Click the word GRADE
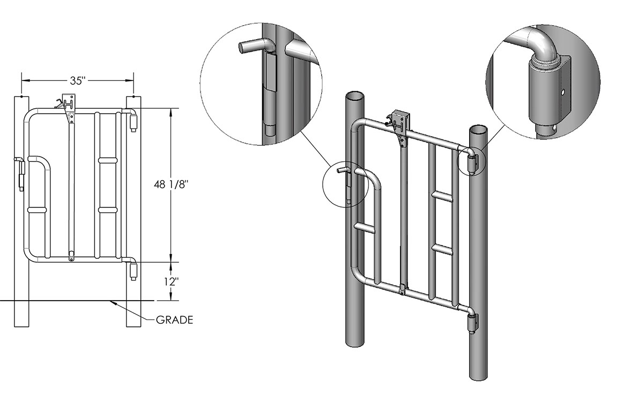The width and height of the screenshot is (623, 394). (174, 321)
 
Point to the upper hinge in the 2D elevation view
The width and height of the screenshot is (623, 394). (133, 121)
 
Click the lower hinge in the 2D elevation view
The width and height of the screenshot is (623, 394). (133, 271)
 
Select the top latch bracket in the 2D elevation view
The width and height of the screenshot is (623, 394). (68, 103)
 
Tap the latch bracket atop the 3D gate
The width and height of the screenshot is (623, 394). (400, 121)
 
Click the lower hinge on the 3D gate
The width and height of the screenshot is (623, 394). (471, 324)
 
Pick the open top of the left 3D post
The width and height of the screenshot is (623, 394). (354, 97)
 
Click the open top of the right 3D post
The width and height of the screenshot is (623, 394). (479, 130)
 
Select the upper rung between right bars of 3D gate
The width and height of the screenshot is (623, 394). (443, 197)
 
